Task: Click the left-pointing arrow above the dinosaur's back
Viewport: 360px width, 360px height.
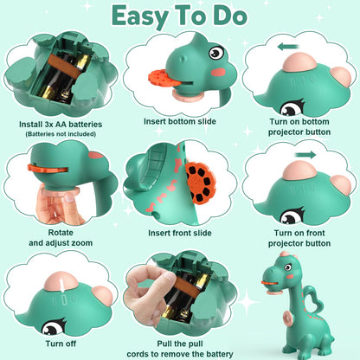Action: click(287, 47)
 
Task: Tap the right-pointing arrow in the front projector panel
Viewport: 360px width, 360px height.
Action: click(305, 155)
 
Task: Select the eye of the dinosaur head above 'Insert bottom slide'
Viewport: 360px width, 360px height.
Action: click(216, 52)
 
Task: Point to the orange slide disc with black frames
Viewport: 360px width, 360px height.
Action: click(201, 183)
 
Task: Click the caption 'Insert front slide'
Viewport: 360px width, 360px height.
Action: click(180, 233)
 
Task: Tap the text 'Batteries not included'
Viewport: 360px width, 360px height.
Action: click(61, 134)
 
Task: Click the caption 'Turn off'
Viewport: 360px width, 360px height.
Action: click(61, 344)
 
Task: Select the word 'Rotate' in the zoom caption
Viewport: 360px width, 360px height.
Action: click(61, 232)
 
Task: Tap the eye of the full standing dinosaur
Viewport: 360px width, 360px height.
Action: click(288, 267)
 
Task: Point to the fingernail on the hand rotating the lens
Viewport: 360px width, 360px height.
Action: click(69, 197)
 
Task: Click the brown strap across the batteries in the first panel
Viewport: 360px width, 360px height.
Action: click(63, 66)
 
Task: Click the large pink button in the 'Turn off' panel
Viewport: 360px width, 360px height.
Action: click(61, 280)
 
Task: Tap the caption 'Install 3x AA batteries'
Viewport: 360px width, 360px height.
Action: click(61, 125)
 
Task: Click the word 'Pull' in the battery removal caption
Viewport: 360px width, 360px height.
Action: click(164, 344)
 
